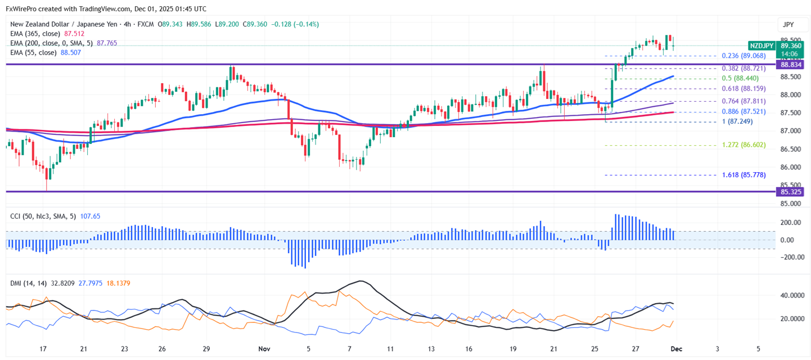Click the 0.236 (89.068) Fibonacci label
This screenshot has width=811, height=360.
click(744, 56)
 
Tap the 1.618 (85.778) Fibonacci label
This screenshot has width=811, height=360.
click(744, 175)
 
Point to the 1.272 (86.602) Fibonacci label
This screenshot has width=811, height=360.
click(744, 145)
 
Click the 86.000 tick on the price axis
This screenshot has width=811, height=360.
click(791, 167)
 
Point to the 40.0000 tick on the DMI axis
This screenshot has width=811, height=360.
click(791, 295)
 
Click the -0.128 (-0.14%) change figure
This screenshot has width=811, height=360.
click(295, 25)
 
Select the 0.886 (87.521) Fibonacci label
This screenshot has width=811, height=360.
click(744, 111)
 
